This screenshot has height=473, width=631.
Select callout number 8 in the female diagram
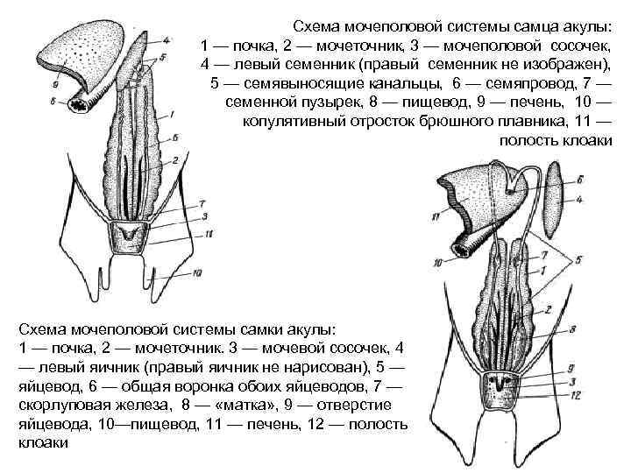click(571, 329)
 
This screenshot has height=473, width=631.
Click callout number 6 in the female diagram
click(579, 179)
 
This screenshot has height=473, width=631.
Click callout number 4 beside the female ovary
click(579, 200)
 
